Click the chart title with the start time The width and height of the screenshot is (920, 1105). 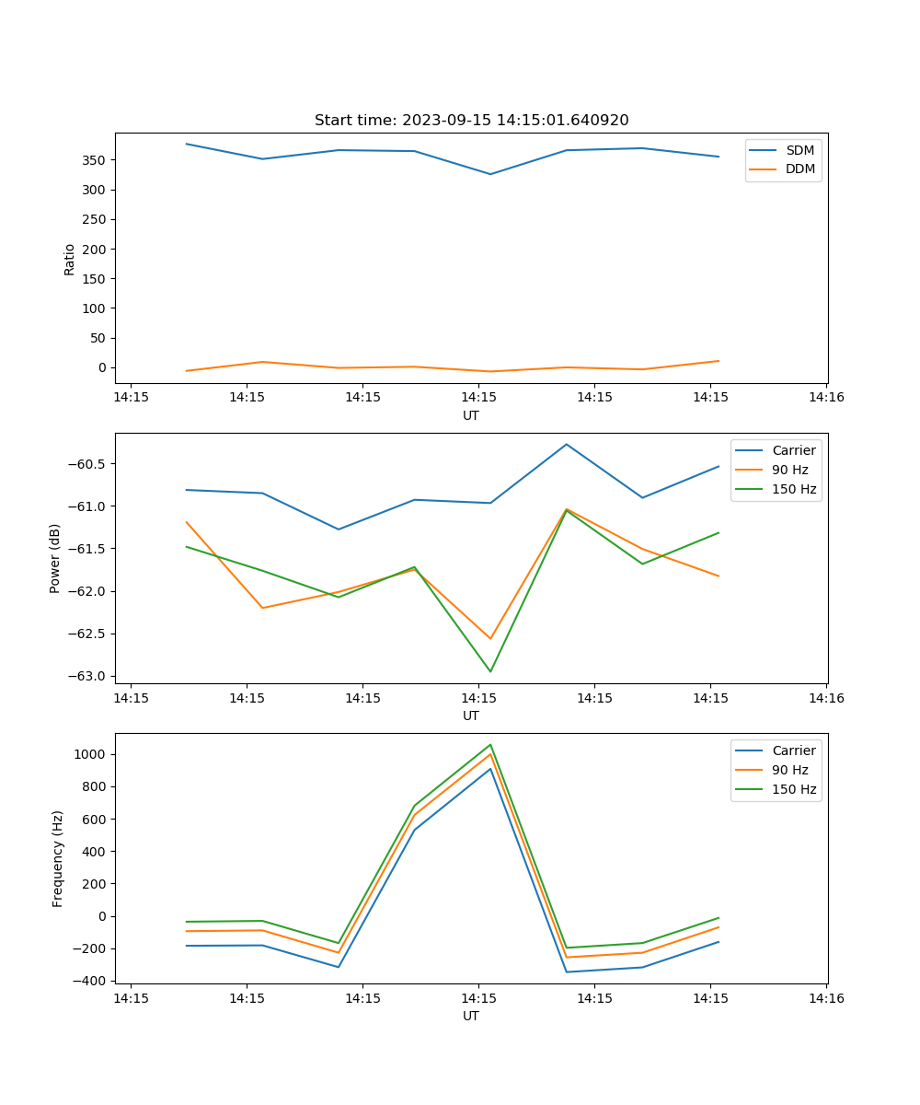471,121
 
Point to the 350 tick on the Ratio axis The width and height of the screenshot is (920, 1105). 95,160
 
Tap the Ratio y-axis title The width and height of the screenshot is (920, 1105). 70,259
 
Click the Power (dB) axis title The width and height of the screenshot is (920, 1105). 56,558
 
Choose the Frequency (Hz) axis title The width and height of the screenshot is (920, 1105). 58,858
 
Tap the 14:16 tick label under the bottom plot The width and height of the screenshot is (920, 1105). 826,998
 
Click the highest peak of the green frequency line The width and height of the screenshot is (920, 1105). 490,744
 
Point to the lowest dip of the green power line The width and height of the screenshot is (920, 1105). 490,671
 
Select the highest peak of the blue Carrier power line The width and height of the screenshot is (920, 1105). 567,444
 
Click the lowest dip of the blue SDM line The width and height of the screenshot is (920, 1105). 490,174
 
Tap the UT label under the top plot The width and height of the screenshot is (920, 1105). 471,415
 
